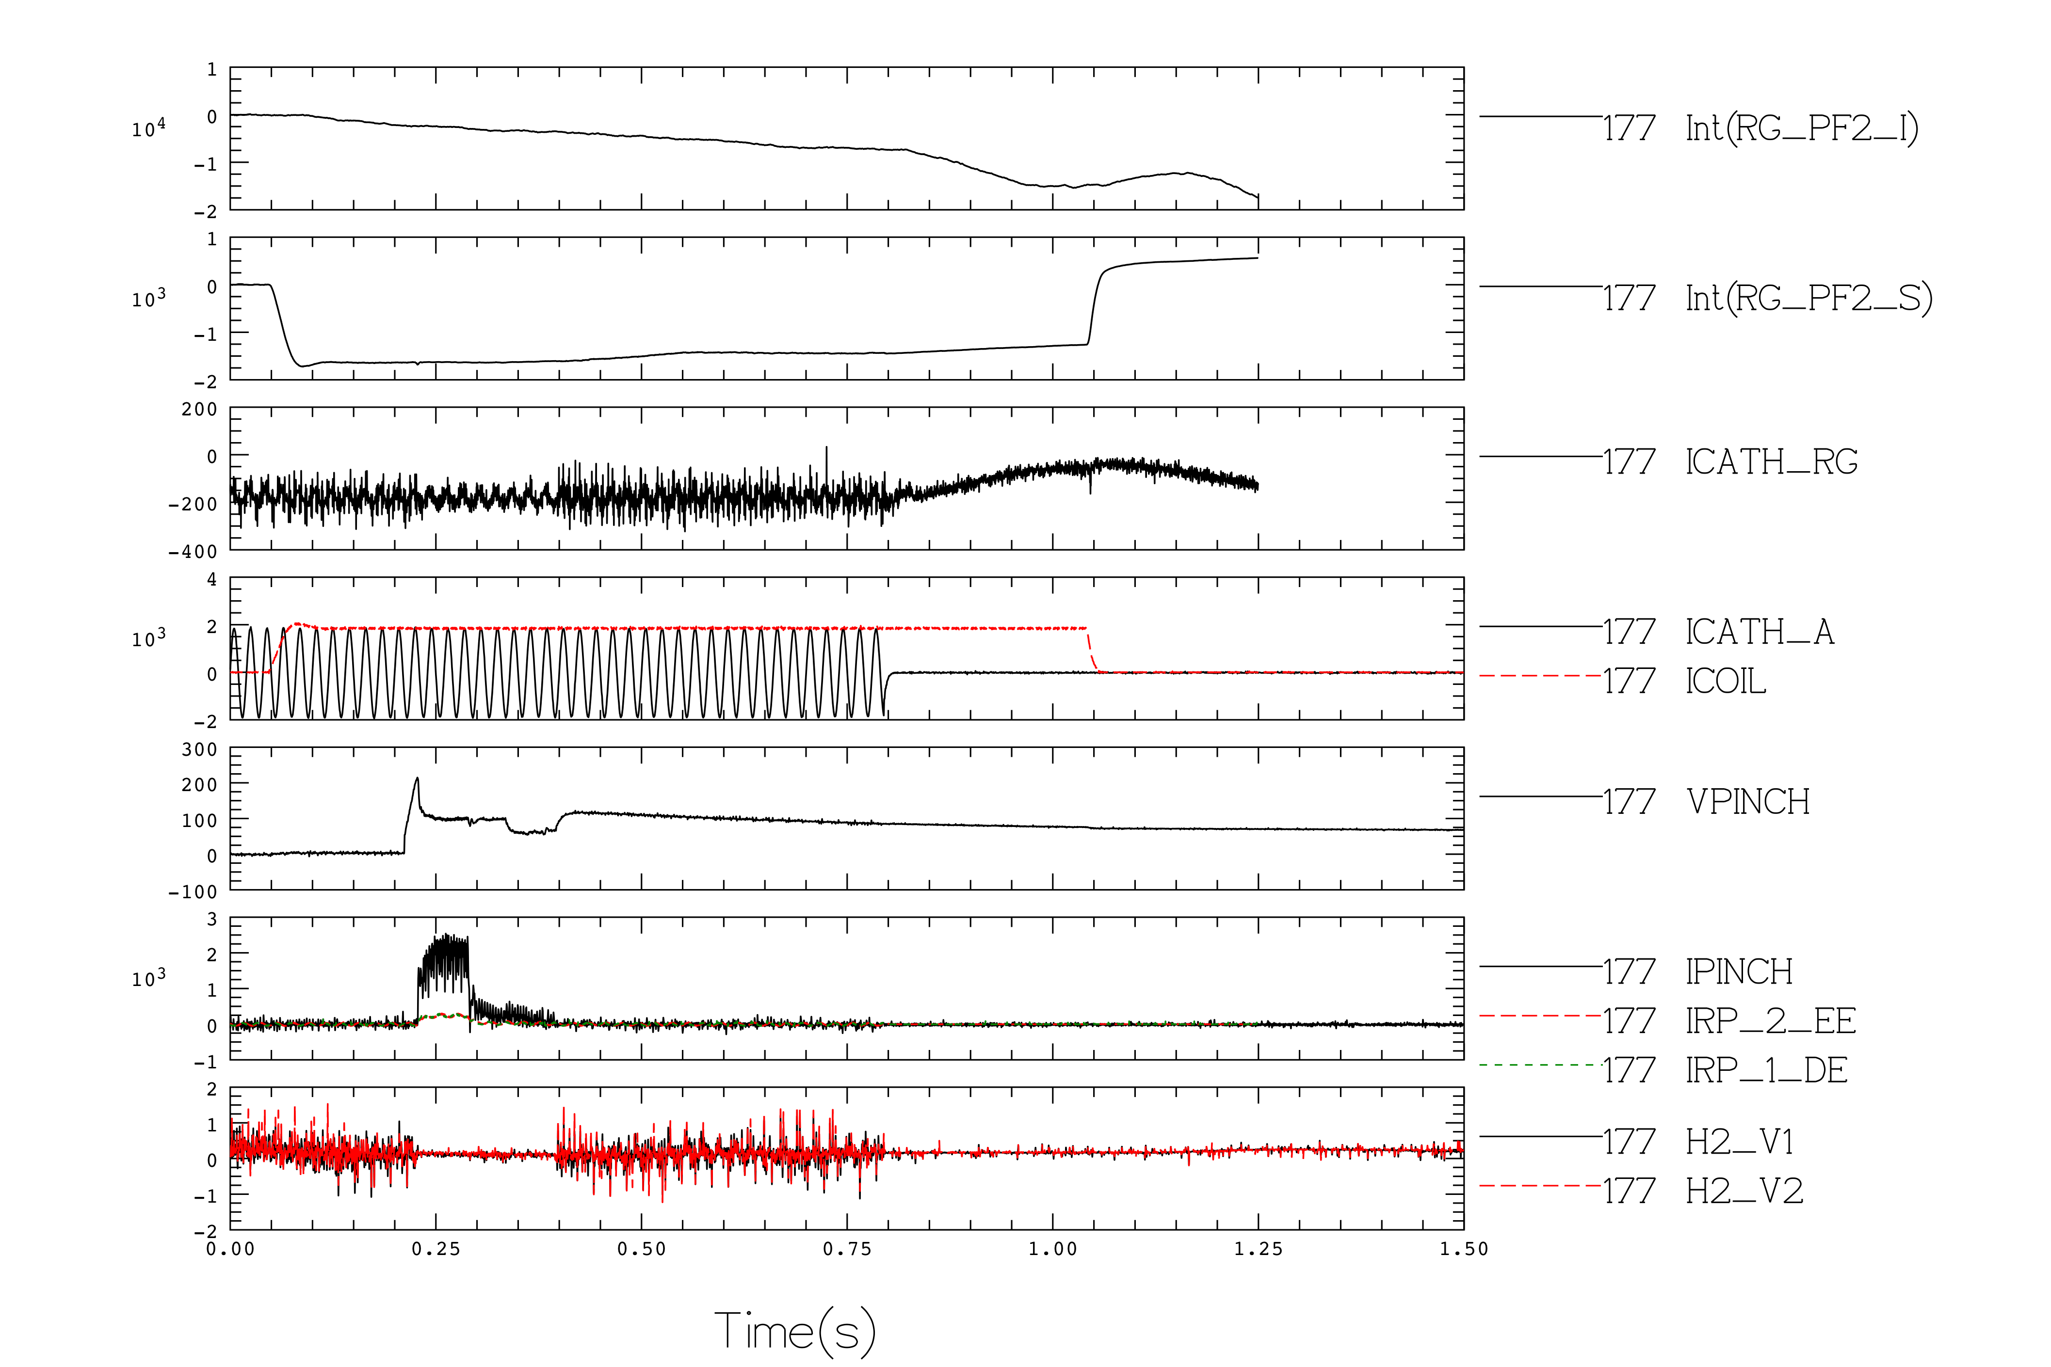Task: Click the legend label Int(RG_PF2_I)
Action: (1802, 128)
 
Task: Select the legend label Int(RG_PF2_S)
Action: (1809, 298)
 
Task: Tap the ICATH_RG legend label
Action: (1771, 462)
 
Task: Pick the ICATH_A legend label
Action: (1760, 632)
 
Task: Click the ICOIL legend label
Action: (1726, 681)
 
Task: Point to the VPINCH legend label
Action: (1747, 802)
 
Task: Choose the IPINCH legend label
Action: (1739, 972)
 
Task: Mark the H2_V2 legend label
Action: (1744, 1191)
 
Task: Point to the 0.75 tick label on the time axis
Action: (847, 1249)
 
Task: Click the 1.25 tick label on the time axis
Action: (1259, 1249)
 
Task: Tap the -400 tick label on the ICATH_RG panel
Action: (193, 552)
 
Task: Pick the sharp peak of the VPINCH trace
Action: (417, 779)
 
